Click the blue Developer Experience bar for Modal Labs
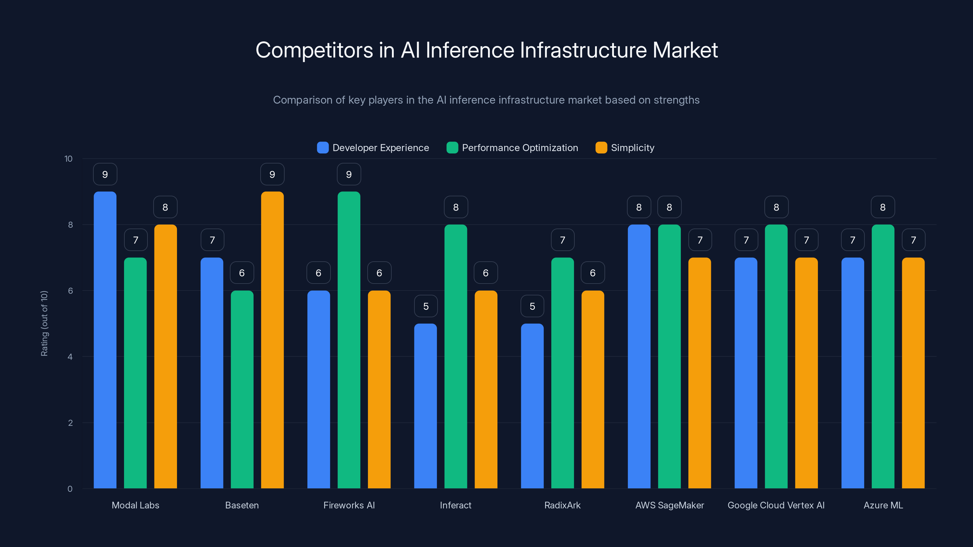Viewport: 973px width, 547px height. pos(105,340)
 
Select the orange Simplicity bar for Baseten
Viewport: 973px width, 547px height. pos(272,340)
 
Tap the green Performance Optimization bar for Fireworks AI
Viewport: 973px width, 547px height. pos(349,340)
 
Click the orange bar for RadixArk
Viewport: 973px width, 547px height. pos(593,389)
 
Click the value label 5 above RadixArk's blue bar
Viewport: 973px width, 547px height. pos(532,306)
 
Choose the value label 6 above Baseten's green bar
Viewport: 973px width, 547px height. pos(242,273)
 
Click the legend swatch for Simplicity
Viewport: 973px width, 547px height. pos(601,148)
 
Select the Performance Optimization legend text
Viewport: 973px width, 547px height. pos(520,148)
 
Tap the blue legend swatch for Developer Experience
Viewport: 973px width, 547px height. pos(323,148)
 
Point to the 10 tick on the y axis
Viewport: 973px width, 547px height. pos(68,159)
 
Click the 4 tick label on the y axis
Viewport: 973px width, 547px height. pos(70,357)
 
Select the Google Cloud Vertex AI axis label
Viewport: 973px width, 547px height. pos(776,505)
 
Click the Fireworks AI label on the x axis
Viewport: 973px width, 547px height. pos(349,505)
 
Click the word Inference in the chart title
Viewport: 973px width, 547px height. pos(470,50)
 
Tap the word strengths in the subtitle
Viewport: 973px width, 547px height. pos(677,100)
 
